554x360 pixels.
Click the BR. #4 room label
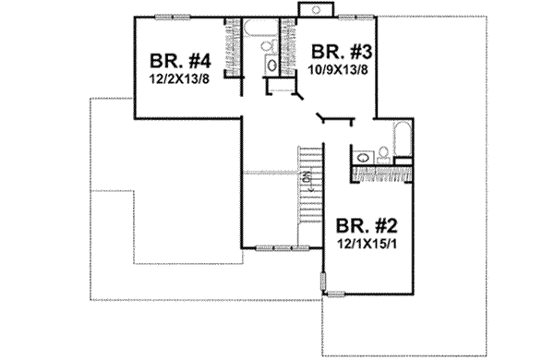[x=181, y=63]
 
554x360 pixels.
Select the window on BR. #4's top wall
[x=167, y=17]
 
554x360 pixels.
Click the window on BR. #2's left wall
[x=322, y=281]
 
